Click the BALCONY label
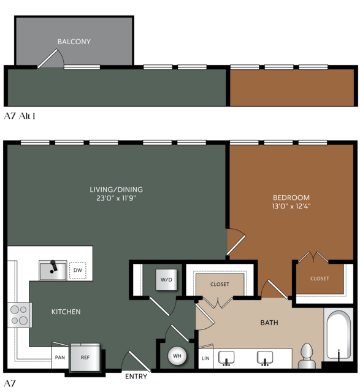coord(74,42)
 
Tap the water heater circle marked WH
coord(177,356)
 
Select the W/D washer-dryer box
coord(166,280)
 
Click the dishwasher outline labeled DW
coord(78,271)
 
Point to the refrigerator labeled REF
coord(85,357)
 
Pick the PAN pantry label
coord(60,358)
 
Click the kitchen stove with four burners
coord(20,315)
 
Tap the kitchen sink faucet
coord(53,267)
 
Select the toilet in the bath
coord(307,356)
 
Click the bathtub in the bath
coord(339,335)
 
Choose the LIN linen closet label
coord(205,358)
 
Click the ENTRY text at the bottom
coord(136,376)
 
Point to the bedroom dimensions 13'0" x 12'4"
coord(291,206)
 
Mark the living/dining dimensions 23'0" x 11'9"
coord(117,198)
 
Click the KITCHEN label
coord(66,312)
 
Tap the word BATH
coord(269,323)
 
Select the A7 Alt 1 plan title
coord(20,116)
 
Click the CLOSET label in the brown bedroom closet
coord(320,279)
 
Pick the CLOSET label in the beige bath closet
coord(220,284)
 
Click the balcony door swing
coord(50,58)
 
